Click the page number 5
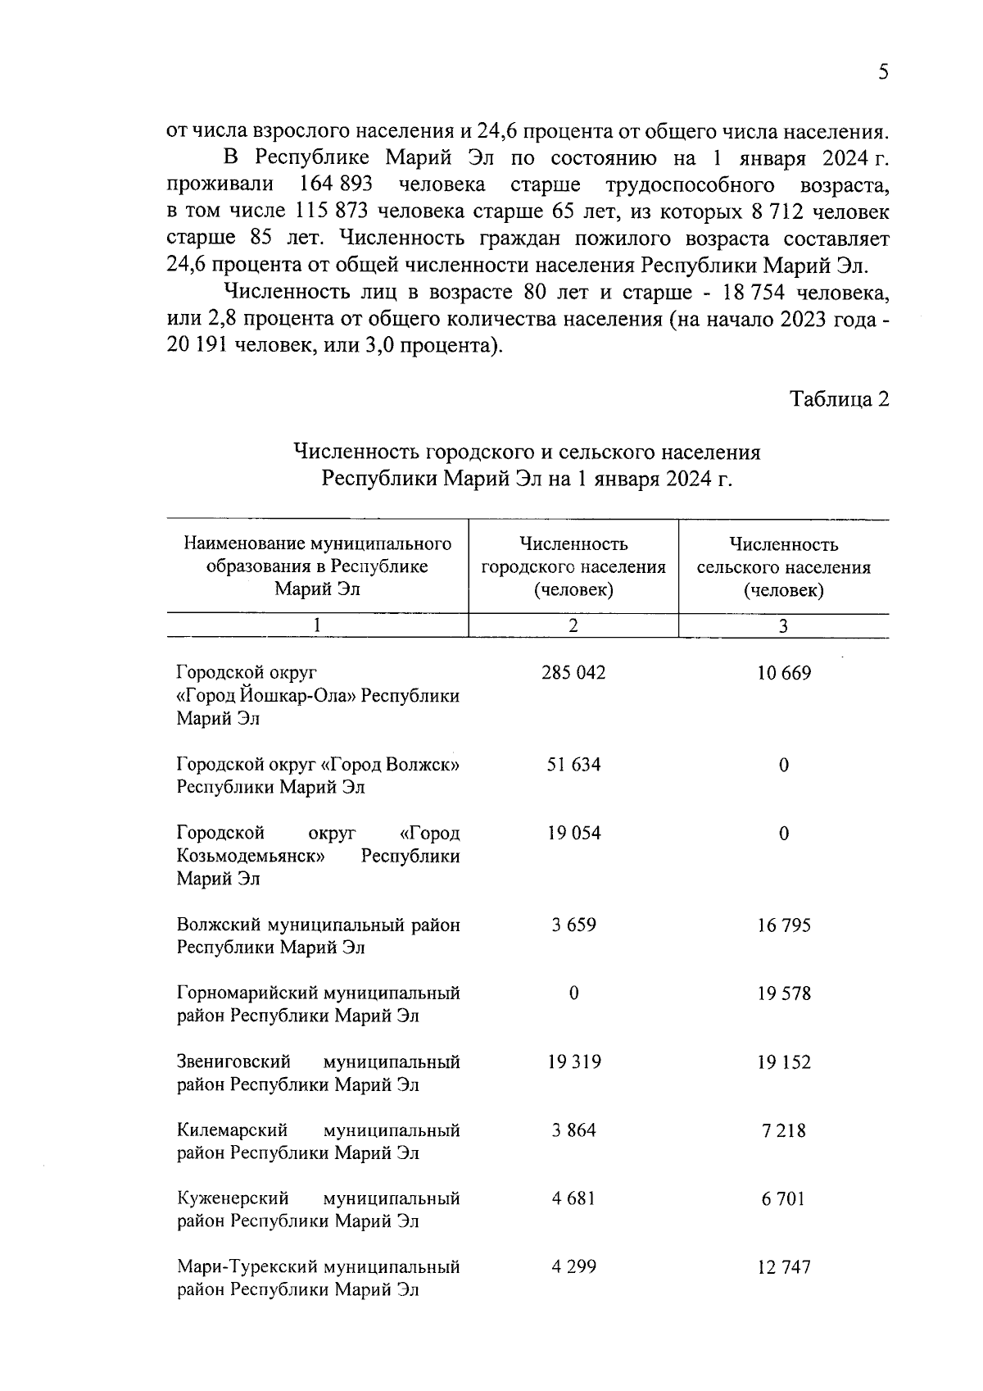[883, 72]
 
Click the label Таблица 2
[839, 399]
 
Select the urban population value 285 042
[573, 673]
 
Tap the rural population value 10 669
[784, 674]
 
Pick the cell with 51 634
[573, 765]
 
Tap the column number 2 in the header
[573, 625]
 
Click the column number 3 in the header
[784, 626]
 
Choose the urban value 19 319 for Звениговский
[573, 1062]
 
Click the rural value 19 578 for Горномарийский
[784, 994]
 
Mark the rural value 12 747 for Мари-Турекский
[784, 1267]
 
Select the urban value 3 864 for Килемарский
[573, 1130]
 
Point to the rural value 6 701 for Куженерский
[784, 1199]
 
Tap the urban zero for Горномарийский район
[573, 993]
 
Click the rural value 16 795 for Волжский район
[784, 925]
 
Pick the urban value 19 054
[573, 834]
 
